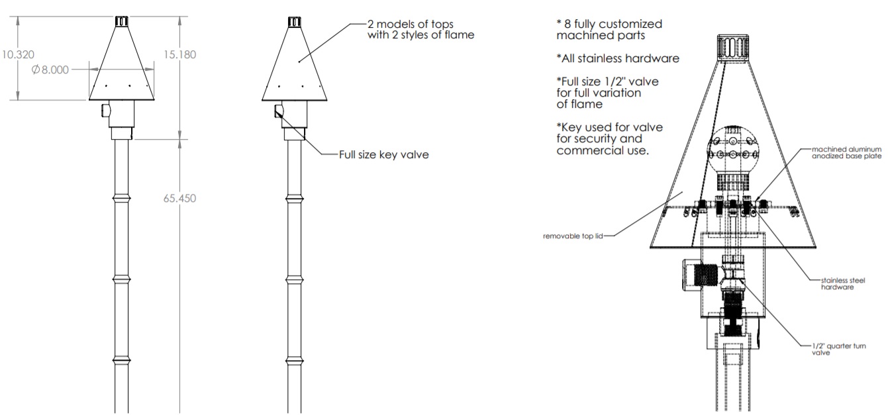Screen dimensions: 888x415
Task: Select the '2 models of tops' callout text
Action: [x=420, y=30]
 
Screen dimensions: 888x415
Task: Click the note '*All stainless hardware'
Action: [x=618, y=59]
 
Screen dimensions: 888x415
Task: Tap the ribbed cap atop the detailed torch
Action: [x=732, y=47]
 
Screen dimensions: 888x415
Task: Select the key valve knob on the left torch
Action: [x=105, y=110]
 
